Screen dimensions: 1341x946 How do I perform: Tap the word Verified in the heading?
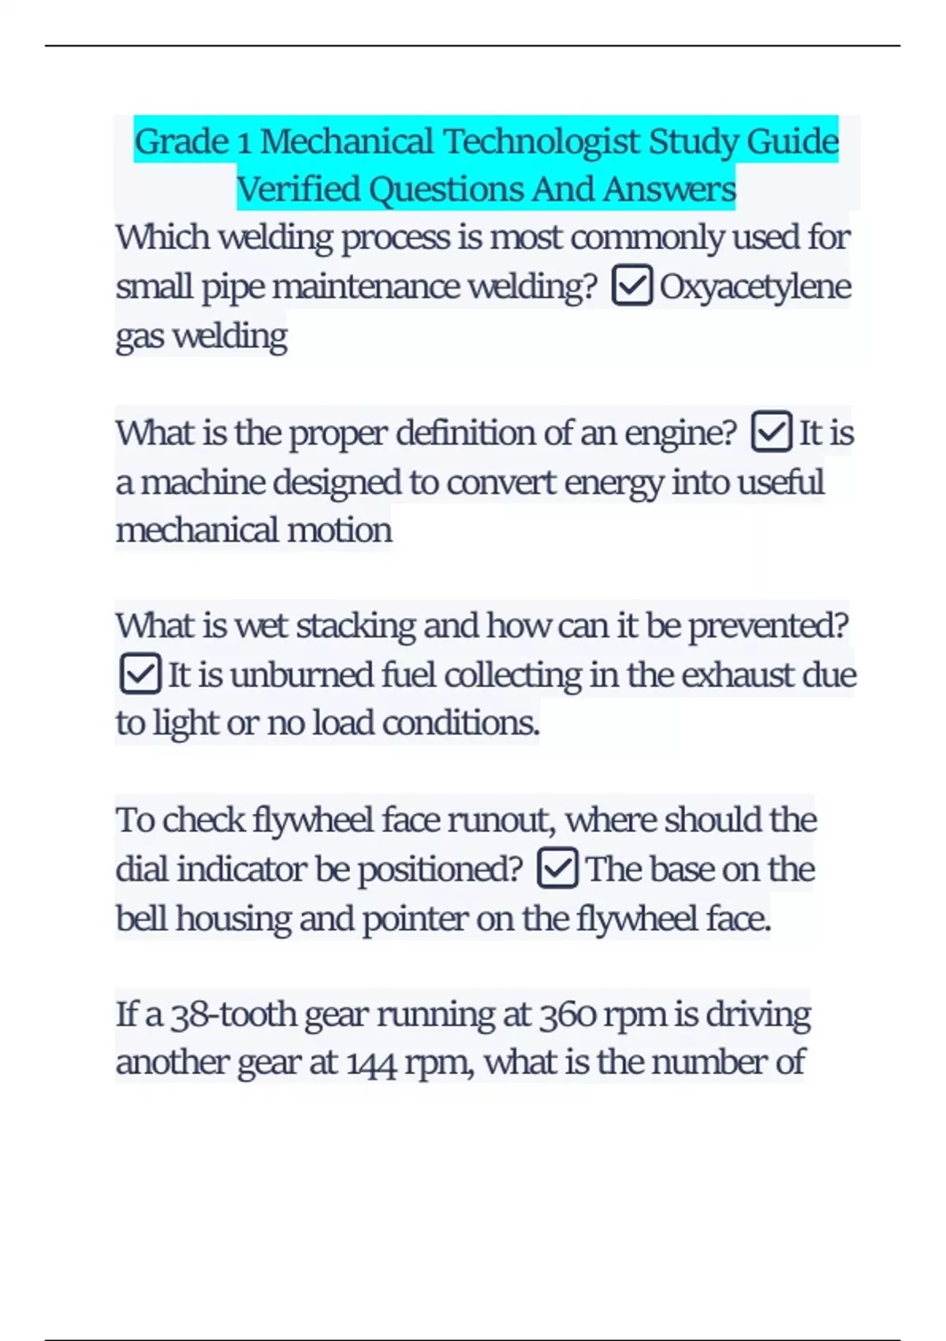click(299, 189)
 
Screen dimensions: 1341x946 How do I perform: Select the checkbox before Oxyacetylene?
click(631, 286)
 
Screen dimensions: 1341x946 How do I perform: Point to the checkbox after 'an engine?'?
click(771, 431)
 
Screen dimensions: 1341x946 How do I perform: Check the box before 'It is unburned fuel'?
click(140, 674)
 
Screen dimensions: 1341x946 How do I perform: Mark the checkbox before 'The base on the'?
click(557, 868)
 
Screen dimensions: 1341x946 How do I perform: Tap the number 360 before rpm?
click(567, 1014)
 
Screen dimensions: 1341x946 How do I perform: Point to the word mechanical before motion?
click(197, 530)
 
